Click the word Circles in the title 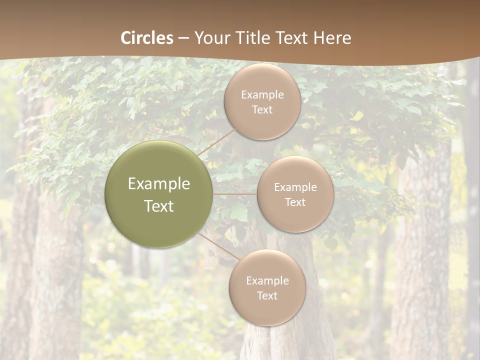(x=146, y=38)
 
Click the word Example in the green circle (x=159, y=184)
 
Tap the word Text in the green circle (x=159, y=206)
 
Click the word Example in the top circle (x=262, y=95)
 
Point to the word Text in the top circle (x=262, y=110)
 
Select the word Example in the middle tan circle (x=295, y=187)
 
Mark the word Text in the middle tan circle (x=295, y=202)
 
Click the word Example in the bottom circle (x=267, y=281)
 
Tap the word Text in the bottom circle (x=267, y=296)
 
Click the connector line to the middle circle (x=235, y=194)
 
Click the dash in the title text (x=183, y=38)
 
